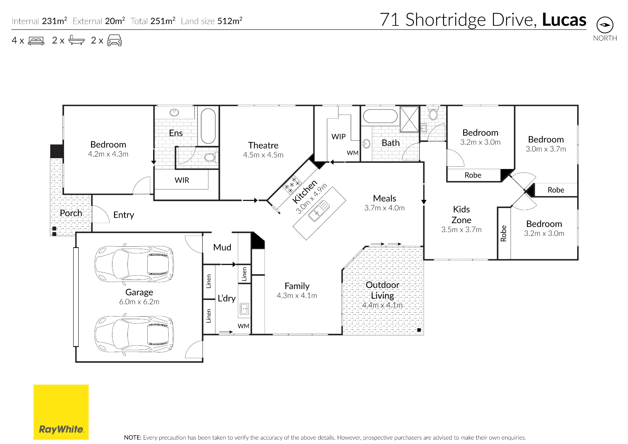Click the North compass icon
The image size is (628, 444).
605,25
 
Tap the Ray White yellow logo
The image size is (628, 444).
61,412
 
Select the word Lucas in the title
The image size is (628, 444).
564,20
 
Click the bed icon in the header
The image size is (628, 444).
36,41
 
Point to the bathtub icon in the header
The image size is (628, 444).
76,40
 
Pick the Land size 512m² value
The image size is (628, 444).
230,21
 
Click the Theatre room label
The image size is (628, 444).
263,145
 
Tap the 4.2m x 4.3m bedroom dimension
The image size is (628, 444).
108,154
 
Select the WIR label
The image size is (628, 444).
182,180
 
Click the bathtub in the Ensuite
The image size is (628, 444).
208,126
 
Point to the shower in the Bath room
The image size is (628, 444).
409,119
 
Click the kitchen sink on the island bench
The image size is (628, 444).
319,211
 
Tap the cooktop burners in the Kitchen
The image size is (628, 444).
292,185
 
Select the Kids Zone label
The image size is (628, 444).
461,215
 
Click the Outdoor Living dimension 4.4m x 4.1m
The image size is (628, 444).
382,305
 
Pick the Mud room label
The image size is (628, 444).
222,247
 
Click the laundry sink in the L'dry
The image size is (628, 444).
244,309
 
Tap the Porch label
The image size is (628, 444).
71,213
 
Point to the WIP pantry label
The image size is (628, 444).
338,136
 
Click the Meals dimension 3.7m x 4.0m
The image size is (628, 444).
384,208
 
